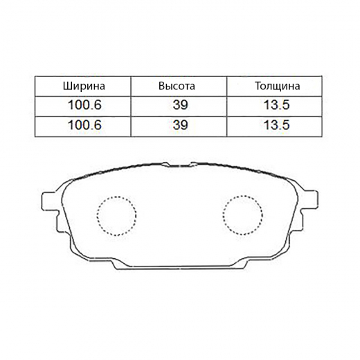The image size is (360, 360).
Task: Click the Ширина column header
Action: point(84,87)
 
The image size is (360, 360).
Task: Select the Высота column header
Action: point(177,87)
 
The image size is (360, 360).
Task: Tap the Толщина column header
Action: point(278,87)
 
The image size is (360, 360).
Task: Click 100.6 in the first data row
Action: point(84,105)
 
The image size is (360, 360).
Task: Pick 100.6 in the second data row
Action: point(84,125)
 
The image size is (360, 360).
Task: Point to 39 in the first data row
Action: point(180,105)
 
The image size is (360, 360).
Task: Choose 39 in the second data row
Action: point(180,125)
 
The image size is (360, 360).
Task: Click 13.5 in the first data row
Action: point(276,105)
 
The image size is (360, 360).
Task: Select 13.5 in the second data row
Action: point(276,125)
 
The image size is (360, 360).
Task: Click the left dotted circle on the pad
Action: point(97,216)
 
